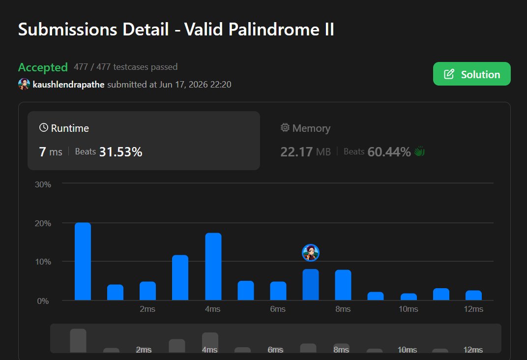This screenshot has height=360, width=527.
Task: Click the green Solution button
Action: (x=471, y=74)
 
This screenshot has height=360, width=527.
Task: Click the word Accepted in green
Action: (x=43, y=67)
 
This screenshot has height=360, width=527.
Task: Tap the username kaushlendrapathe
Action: (x=68, y=85)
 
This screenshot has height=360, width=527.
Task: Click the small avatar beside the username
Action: (x=24, y=84)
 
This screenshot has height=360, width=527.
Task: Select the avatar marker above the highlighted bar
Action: (x=311, y=253)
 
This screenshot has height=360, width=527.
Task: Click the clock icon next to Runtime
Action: (x=44, y=127)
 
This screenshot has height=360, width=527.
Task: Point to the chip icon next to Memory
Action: (x=285, y=127)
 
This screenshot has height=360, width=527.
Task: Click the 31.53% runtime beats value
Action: (x=121, y=152)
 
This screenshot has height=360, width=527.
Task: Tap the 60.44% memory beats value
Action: (x=389, y=152)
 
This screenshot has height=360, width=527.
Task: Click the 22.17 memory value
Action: (x=296, y=152)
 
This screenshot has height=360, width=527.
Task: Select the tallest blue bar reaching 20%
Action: (x=83, y=261)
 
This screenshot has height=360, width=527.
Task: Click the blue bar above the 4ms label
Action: (x=213, y=267)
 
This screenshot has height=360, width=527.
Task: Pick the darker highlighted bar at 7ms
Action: (x=311, y=285)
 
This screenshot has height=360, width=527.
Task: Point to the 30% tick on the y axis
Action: (x=43, y=184)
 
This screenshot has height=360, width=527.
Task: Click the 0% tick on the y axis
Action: (x=43, y=301)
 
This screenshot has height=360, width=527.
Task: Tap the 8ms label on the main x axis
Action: (x=343, y=309)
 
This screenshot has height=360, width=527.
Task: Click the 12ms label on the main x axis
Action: (x=473, y=309)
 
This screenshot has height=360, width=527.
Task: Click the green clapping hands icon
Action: (x=419, y=151)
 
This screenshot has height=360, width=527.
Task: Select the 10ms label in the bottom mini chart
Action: (x=407, y=350)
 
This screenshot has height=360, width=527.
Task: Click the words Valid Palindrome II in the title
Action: (x=259, y=29)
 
